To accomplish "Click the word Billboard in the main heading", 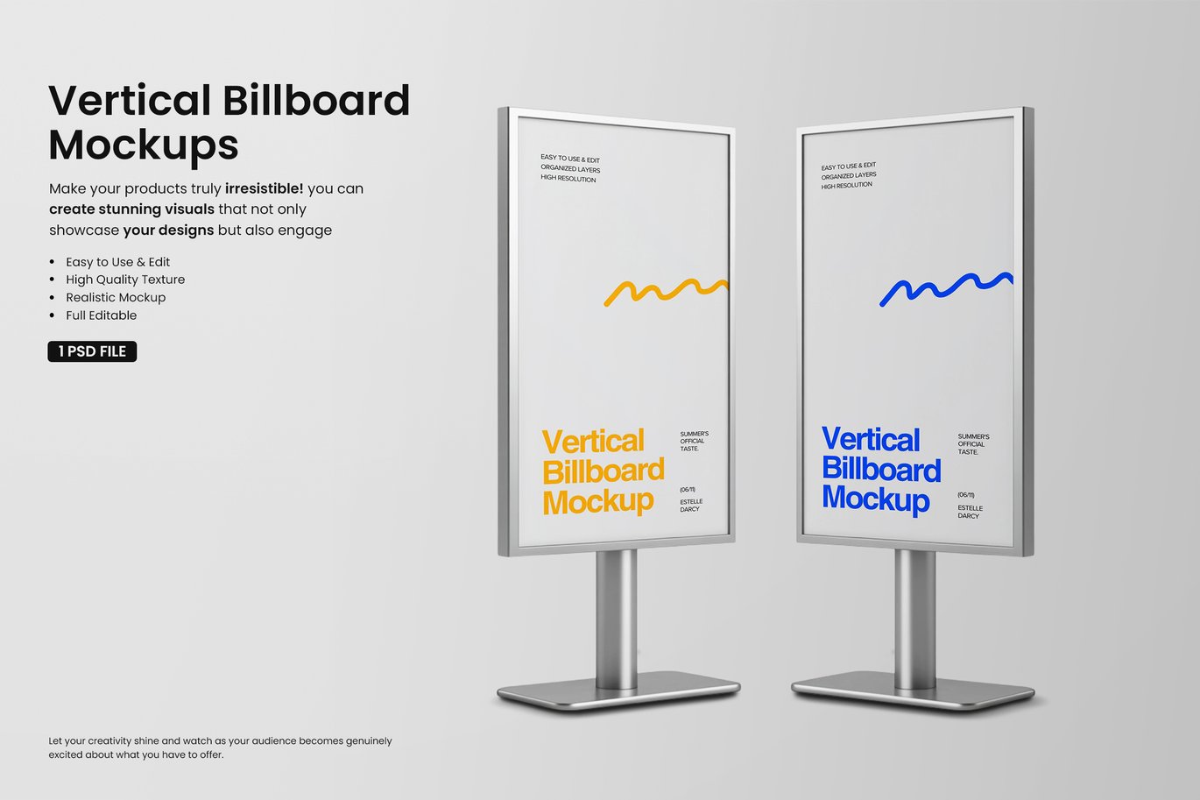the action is pyautogui.click(x=316, y=100).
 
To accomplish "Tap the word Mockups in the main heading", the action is pyautogui.click(x=144, y=145).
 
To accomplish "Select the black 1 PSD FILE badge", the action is pyautogui.click(x=92, y=351).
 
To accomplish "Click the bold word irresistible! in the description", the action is pyautogui.click(x=265, y=188).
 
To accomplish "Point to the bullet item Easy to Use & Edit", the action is pyautogui.click(x=118, y=262).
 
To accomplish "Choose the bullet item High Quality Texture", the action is pyautogui.click(x=125, y=280).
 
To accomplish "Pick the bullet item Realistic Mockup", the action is pyautogui.click(x=116, y=297).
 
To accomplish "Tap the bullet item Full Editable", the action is pyautogui.click(x=102, y=315).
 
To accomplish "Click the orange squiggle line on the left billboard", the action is pyautogui.click(x=666, y=294).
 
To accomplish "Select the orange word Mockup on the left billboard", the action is pyautogui.click(x=598, y=502).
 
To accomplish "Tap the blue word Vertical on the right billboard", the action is pyautogui.click(x=871, y=439).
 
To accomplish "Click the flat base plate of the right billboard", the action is pyautogui.click(x=913, y=694).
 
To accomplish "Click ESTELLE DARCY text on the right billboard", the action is pyautogui.click(x=970, y=512).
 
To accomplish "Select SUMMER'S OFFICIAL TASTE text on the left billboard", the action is pyautogui.click(x=694, y=441).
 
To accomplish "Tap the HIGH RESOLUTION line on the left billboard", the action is pyautogui.click(x=568, y=178).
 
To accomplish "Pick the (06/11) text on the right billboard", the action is pyautogui.click(x=966, y=495).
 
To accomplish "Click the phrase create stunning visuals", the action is pyautogui.click(x=131, y=209).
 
